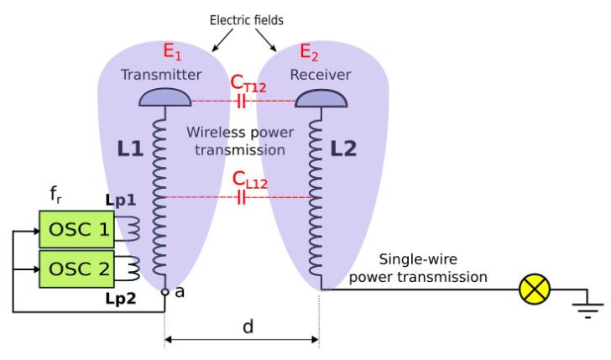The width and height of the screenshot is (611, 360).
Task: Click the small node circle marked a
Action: pyautogui.click(x=164, y=291)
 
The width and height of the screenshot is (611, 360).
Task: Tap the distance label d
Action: pyautogui.click(x=248, y=326)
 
